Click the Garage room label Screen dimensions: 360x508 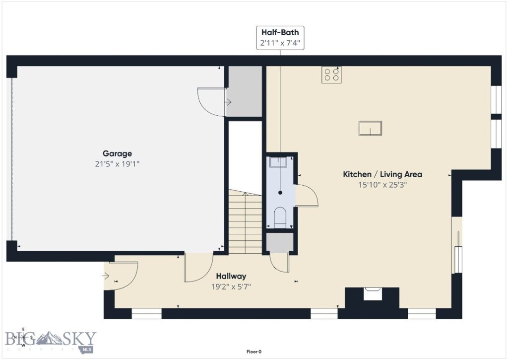[x=117, y=153]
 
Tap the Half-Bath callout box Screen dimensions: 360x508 [x=280, y=38]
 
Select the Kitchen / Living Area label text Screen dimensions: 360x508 [x=382, y=174]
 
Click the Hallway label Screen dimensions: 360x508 [x=231, y=276]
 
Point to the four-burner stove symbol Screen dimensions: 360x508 [x=331, y=74]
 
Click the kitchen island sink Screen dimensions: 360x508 [x=371, y=128]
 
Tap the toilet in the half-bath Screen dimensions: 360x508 [x=280, y=217]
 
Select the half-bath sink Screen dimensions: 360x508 [x=279, y=162]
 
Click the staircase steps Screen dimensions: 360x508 [x=245, y=224]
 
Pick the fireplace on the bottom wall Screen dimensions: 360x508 [x=372, y=294]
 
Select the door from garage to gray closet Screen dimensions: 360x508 [x=212, y=102]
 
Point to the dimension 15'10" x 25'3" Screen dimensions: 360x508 [x=382, y=185]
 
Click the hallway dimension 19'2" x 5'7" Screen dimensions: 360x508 [x=231, y=286]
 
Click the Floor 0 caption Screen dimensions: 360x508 [x=254, y=352]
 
